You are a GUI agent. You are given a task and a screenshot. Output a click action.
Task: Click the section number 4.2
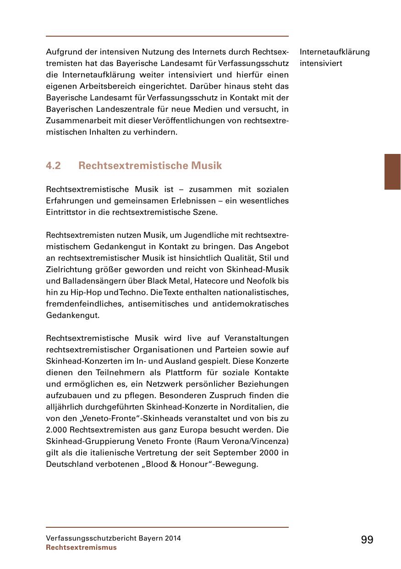54,166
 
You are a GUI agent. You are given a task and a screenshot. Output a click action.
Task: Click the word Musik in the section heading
207,166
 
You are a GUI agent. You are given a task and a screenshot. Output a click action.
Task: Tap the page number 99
367,540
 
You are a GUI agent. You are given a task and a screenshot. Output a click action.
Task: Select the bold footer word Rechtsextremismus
81,547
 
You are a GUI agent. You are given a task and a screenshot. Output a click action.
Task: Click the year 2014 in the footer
171,538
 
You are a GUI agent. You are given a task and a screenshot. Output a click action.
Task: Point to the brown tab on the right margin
392,172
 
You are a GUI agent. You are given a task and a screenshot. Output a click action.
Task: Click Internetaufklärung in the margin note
335,52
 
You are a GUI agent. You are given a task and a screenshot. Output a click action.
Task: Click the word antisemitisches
147,304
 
